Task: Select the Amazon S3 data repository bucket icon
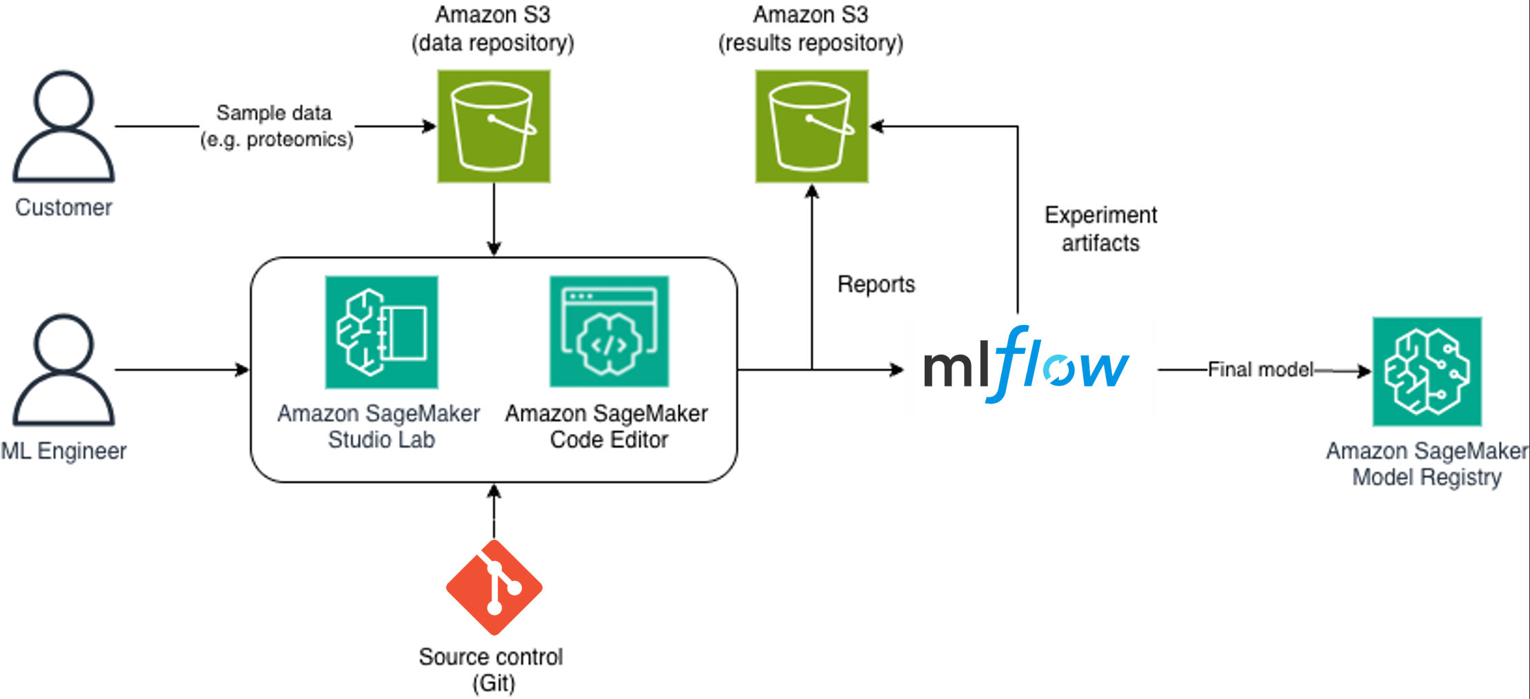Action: tap(494, 126)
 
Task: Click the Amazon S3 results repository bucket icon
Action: tap(812, 126)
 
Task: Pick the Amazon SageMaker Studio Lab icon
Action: tap(381, 332)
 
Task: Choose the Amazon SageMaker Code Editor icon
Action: tap(609, 332)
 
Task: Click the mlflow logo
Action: tap(1026, 366)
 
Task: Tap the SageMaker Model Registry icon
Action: tap(1427, 371)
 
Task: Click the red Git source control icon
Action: tap(494, 587)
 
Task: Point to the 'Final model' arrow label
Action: tap(1260, 370)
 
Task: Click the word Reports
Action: tap(876, 284)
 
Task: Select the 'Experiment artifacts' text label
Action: tap(1100, 229)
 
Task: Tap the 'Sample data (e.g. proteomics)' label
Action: tap(276, 126)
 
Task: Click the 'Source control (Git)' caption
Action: tap(491, 669)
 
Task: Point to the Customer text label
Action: tap(63, 208)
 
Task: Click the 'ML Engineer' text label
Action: tap(63, 451)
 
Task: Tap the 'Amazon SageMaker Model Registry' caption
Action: tap(1427, 464)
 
